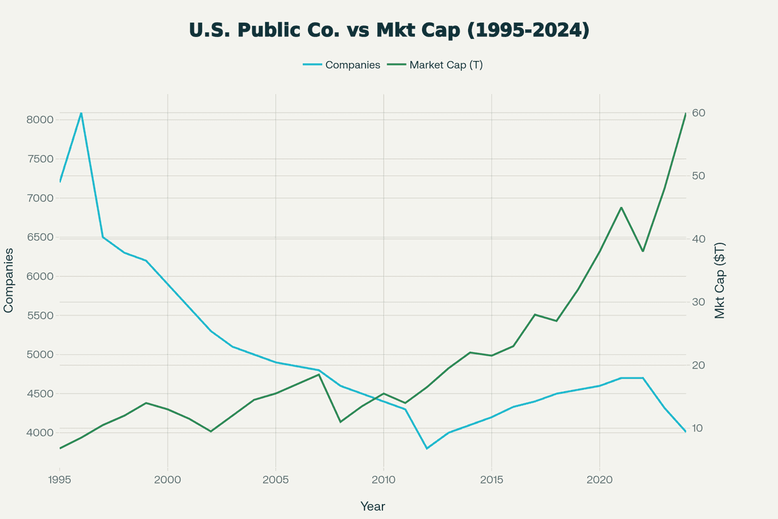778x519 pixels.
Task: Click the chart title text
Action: point(389,30)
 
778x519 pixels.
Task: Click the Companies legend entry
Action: point(352,65)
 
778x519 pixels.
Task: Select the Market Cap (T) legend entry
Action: point(445,65)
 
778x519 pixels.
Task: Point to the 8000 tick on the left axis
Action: point(39,120)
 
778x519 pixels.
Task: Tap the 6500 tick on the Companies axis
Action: point(39,237)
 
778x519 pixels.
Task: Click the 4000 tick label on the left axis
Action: point(39,433)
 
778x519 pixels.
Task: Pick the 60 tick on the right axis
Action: point(699,114)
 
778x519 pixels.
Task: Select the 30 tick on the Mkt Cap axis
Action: point(699,302)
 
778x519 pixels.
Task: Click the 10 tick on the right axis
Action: point(699,429)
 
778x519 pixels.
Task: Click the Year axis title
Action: point(373,506)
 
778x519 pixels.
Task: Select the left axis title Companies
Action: point(9,280)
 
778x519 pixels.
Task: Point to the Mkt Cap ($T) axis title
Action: point(720,280)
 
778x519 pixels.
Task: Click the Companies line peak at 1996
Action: point(81,113)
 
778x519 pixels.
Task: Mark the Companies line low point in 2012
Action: point(427,448)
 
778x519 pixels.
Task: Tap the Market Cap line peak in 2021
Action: point(621,208)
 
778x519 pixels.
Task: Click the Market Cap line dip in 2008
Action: point(340,422)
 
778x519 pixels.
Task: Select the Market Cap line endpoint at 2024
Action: point(685,114)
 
